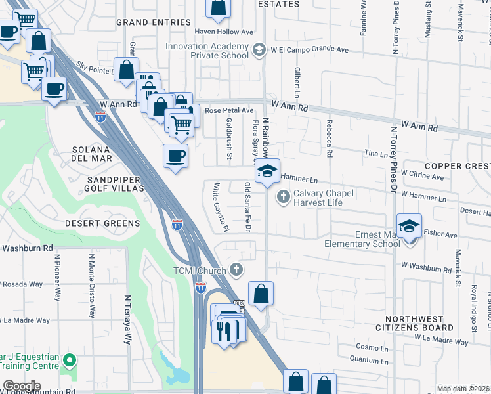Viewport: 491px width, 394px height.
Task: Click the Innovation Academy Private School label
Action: [x=207, y=51]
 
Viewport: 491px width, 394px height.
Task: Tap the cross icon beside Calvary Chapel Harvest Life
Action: [x=284, y=196]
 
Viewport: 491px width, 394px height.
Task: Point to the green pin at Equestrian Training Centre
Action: [x=72, y=361]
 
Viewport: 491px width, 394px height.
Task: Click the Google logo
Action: [x=22, y=385]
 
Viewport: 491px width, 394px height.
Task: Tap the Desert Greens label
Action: [x=102, y=223]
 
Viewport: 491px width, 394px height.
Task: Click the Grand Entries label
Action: [x=150, y=22]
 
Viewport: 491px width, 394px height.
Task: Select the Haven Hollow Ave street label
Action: [x=224, y=32]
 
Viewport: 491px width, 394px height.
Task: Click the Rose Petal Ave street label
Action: [x=228, y=110]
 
